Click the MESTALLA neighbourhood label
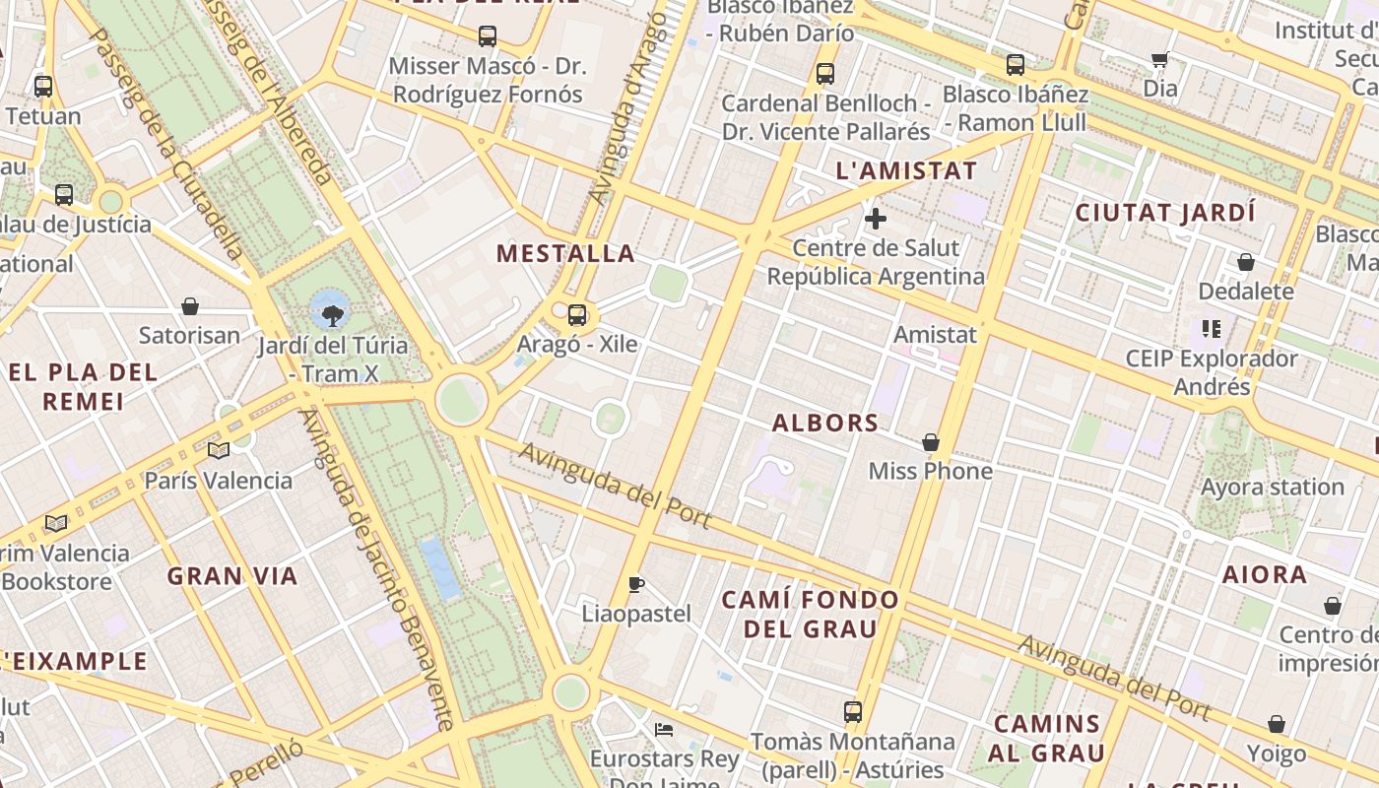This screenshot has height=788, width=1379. pyautogui.click(x=565, y=253)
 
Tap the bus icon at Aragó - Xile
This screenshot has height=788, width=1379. pyautogui.click(x=577, y=315)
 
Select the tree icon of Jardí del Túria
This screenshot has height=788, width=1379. pyautogui.click(x=333, y=315)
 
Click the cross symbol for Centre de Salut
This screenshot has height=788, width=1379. pyautogui.click(x=875, y=219)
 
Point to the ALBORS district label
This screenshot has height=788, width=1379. pyautogui.click(x=824, y=423)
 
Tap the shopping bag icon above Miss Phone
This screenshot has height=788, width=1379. pyautogui.click(x=930, y=442)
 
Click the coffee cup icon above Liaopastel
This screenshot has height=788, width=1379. pyautogui.click(x=636, y=584)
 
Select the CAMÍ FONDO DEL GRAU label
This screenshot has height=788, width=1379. pyautogui.click(x=810, y=614)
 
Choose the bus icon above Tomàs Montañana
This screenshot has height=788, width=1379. pyautogui.click(x=853, y=711)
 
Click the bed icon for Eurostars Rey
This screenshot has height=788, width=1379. pyautogui.click(x=664, y=730)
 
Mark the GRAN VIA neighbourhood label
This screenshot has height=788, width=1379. pyautogui.click(x=232, y=576)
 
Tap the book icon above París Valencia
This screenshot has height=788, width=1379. pyautogui.click(x=218, y=451)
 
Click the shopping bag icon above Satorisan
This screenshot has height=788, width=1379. pyautogui.click(x=190, y=306)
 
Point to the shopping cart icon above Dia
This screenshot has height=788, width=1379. pyautogui.click(x=1159, y=59)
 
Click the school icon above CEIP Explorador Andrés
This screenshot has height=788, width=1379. pyautogui.click(x=1211, y=328)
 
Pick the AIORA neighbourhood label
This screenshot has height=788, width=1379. pyautogui.click(x=1265, y=574)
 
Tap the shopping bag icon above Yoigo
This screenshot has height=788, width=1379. pyautogui.click(x=1277, y=725)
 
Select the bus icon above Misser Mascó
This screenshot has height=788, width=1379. pyautogui.click(x=487, y=36)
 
